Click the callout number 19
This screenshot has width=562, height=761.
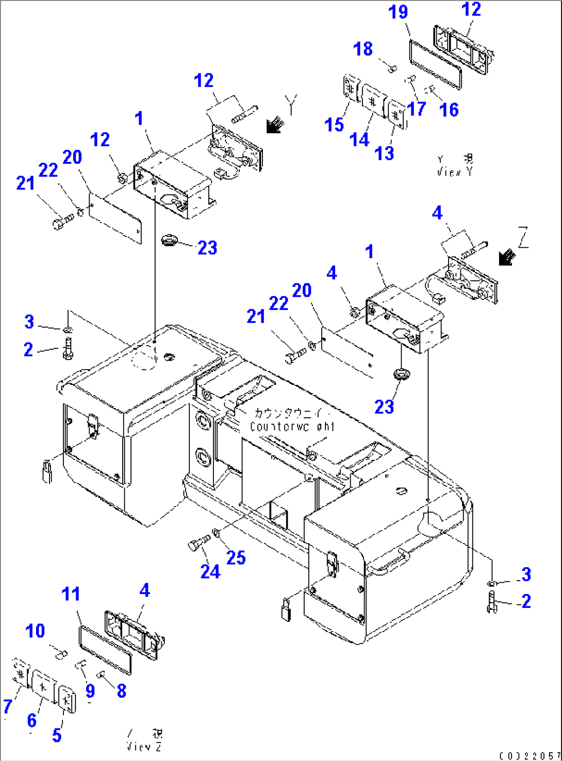398,12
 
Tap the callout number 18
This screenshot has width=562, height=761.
363,49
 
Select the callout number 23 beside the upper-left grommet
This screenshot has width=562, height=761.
207,248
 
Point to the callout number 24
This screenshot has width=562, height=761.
210,571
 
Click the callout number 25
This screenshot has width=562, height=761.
236,557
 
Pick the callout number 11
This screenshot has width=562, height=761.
71,594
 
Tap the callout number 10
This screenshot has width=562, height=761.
35,631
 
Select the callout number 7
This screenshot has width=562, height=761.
7,706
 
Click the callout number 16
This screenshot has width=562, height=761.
449,109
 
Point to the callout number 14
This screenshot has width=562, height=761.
359,139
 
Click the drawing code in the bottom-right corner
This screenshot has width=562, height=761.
529,755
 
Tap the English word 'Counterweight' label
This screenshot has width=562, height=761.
292,427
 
